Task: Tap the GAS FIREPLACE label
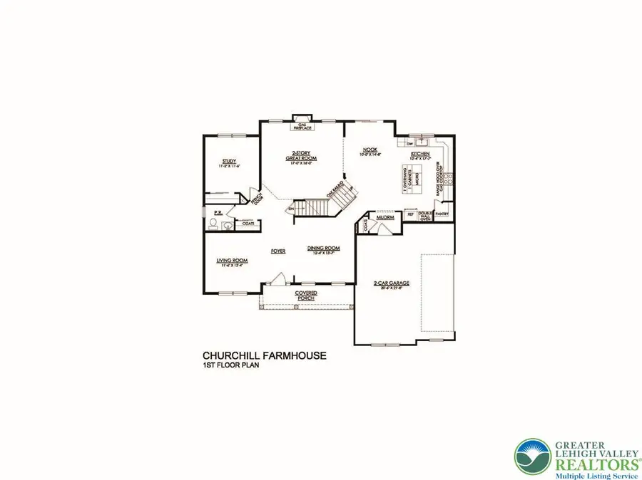pyautogui.click(x=301, y=126)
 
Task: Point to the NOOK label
pyautogui.click(x=370, y=150)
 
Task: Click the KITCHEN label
pyautogui.click(x=419, y=154)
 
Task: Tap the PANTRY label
pyautogui.click(x=442, y=213)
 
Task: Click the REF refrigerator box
pyautogui.click(x=410, y=214)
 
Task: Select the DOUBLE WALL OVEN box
pyautogui.click(x=424, y=216)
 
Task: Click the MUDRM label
pyautogui.click(x=386, y=218)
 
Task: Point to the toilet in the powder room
pyautogui.click(x=211, y=226)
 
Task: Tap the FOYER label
pyautogui.click(x=278, y=251)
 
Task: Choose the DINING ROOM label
pyautogui.click(x=323, y=249)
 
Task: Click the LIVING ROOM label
pyautogui.click(x=232, y=261)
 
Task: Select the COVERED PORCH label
pyautogui.click(x=306, y=296)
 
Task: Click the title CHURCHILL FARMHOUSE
pyautogui.click(x=265, y=355)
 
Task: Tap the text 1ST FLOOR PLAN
pyautogui.click(x=230, y=365)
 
